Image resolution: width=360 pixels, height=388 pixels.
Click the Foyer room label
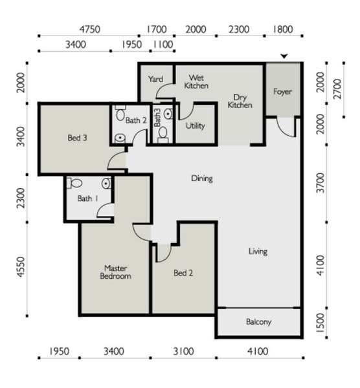(283, 92)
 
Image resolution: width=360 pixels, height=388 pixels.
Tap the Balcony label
(258, 322)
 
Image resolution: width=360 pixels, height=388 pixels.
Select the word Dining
(202, 178)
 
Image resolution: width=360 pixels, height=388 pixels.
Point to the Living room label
(258, 252)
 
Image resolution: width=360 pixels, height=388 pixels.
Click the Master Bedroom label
(115, 272)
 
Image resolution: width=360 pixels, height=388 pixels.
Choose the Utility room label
(196, 125)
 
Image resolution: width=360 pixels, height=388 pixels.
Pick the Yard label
(155, 79)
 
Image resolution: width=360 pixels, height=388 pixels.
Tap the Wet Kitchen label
(196, 81)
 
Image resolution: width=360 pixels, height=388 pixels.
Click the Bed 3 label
(77, 138)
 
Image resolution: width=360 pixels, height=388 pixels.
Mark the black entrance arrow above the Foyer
(284, 56)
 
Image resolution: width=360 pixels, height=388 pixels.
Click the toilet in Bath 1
(74, 183)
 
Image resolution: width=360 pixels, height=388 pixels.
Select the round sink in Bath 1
(106, 184)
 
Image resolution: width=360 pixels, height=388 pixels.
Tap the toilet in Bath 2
(120, 113)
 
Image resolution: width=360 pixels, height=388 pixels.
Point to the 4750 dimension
(90, 30)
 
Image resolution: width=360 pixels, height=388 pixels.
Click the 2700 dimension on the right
(337, 89)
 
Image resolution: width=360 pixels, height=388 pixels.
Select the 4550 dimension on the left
(21, 267)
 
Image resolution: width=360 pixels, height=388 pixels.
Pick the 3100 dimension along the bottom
(183, 351)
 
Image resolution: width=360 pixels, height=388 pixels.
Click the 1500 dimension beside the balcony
(321, 323)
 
